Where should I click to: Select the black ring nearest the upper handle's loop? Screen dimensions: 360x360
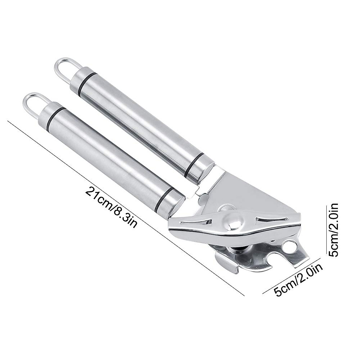coord(87,81)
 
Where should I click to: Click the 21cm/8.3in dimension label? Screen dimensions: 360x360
coord(111,207)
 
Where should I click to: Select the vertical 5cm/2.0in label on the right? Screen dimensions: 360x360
coord(333,230)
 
